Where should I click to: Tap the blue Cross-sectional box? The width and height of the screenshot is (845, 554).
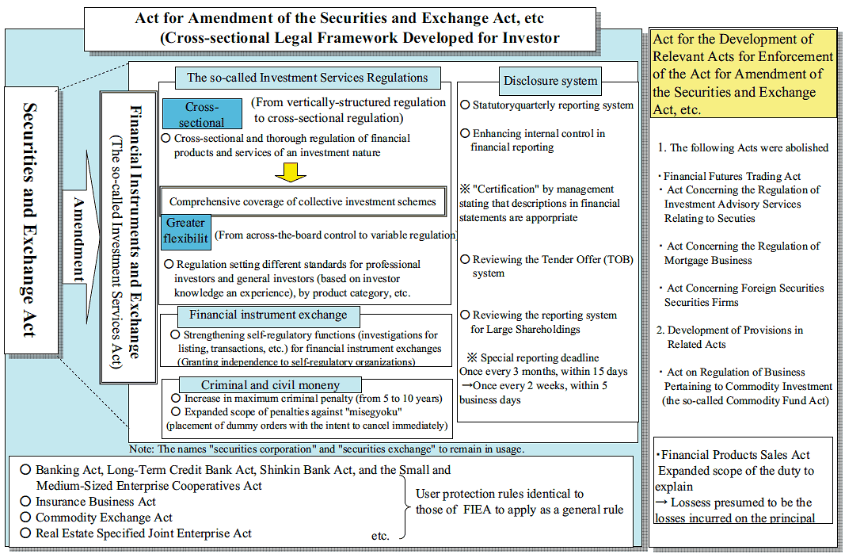click(x=202, y=115)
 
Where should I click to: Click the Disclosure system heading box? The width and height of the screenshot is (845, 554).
click(x=550, y=80)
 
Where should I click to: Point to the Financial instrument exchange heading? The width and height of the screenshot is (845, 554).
click(x=268, y=315)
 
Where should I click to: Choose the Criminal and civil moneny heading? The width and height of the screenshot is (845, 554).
click(x=259, y=384)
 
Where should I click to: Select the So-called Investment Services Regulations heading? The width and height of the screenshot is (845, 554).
click(x=306, y=78)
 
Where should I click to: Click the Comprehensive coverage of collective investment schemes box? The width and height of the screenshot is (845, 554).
click(x=303, y=201)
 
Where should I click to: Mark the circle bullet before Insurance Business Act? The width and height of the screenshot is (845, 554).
click(x=25, y=502)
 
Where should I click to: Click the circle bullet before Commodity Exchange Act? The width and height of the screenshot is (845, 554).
click(x=25, y=518)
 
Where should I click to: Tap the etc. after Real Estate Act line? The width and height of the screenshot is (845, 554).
click(x=380, y=536)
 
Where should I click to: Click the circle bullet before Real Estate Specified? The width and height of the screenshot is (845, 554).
click(x=25, y=533)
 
